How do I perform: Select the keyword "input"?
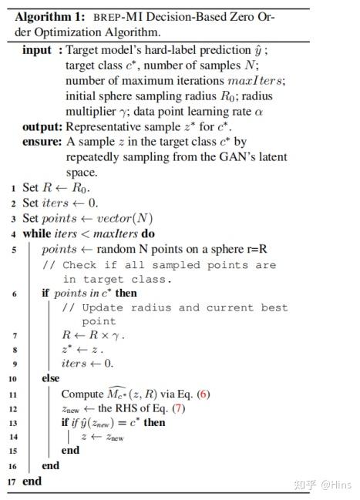[37, 50]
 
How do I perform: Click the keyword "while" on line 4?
[36, 233]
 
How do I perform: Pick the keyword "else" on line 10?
[51, 379]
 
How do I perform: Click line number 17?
[11, 482]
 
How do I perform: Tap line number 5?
[13, 250]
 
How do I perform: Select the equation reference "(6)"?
[203, 394]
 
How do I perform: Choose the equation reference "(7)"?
[179, 408]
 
